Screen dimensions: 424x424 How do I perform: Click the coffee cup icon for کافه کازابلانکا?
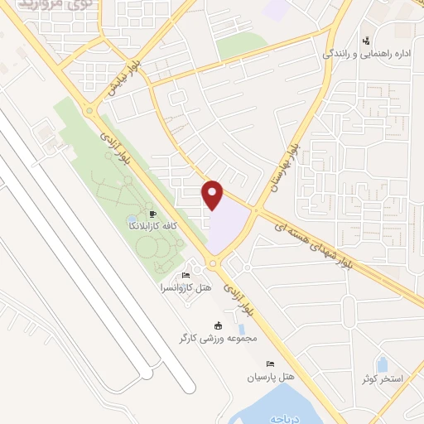point(152,214)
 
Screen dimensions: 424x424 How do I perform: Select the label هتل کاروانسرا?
point(186,287)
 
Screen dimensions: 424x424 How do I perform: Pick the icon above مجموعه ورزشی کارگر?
point(219,325)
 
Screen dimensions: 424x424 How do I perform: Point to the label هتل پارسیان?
point(271,377)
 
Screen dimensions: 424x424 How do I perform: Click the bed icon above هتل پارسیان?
point(269,364)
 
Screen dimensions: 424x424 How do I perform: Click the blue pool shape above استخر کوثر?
point(383,364)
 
